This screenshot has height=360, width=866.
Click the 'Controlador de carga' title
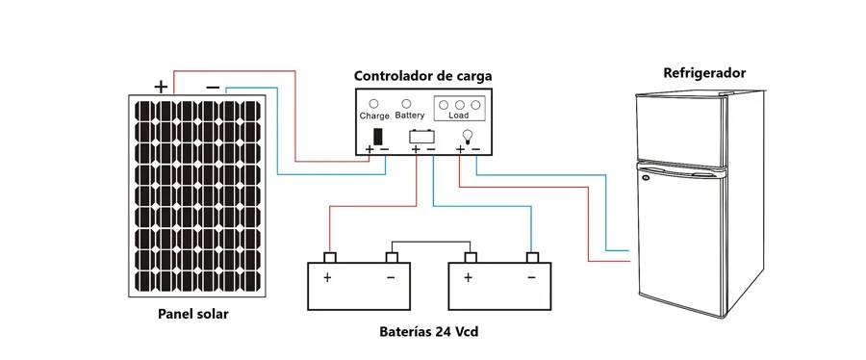point(422,76)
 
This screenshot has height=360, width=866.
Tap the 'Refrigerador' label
point(704,73)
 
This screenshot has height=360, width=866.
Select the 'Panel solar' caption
point(192,314)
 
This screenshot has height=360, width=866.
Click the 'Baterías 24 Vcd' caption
point(428,332)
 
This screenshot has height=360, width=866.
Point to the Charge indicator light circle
point(374,104)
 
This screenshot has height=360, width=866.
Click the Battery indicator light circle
point(406,103)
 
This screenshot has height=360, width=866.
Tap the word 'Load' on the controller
point(458,116)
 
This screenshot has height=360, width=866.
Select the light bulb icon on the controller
point(468,136)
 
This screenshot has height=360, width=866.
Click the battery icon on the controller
point(422,136)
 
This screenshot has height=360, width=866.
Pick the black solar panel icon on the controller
point(378,137)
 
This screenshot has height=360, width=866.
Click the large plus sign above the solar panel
point(160,87)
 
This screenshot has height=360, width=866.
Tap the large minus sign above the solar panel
point(213,88)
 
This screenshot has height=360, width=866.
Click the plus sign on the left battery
point(327,277)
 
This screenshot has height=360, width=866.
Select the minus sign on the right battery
point(531,277)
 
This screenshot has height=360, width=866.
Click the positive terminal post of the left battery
point(330,257)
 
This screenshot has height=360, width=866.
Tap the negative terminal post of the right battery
point(532,257)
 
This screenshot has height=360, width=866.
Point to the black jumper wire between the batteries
point(431,242)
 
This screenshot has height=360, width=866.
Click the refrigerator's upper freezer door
point(680,130)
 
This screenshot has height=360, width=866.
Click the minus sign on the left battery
point(391,277)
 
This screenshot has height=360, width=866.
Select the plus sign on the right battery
point(468,277)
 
